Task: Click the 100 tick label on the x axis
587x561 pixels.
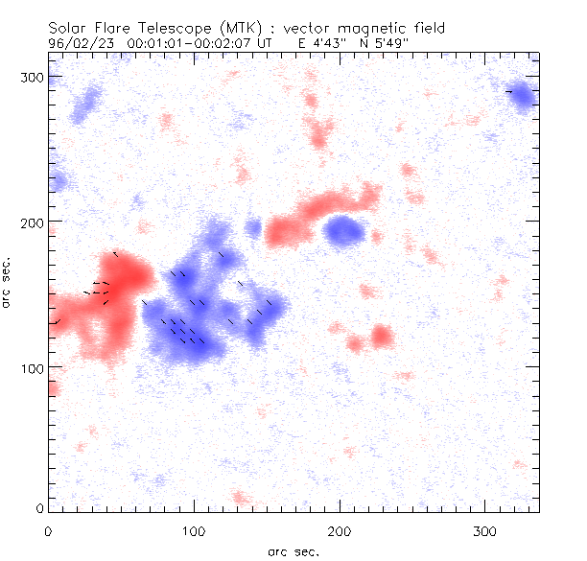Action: click(194, 530)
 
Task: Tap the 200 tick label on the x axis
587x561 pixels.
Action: click(340, 530)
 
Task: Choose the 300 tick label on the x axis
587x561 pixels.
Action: click(484, 530)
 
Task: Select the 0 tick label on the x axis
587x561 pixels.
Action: click(48, 530)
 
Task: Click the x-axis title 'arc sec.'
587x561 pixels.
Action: click(293, 551)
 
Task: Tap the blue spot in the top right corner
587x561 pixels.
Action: click(523, 96)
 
